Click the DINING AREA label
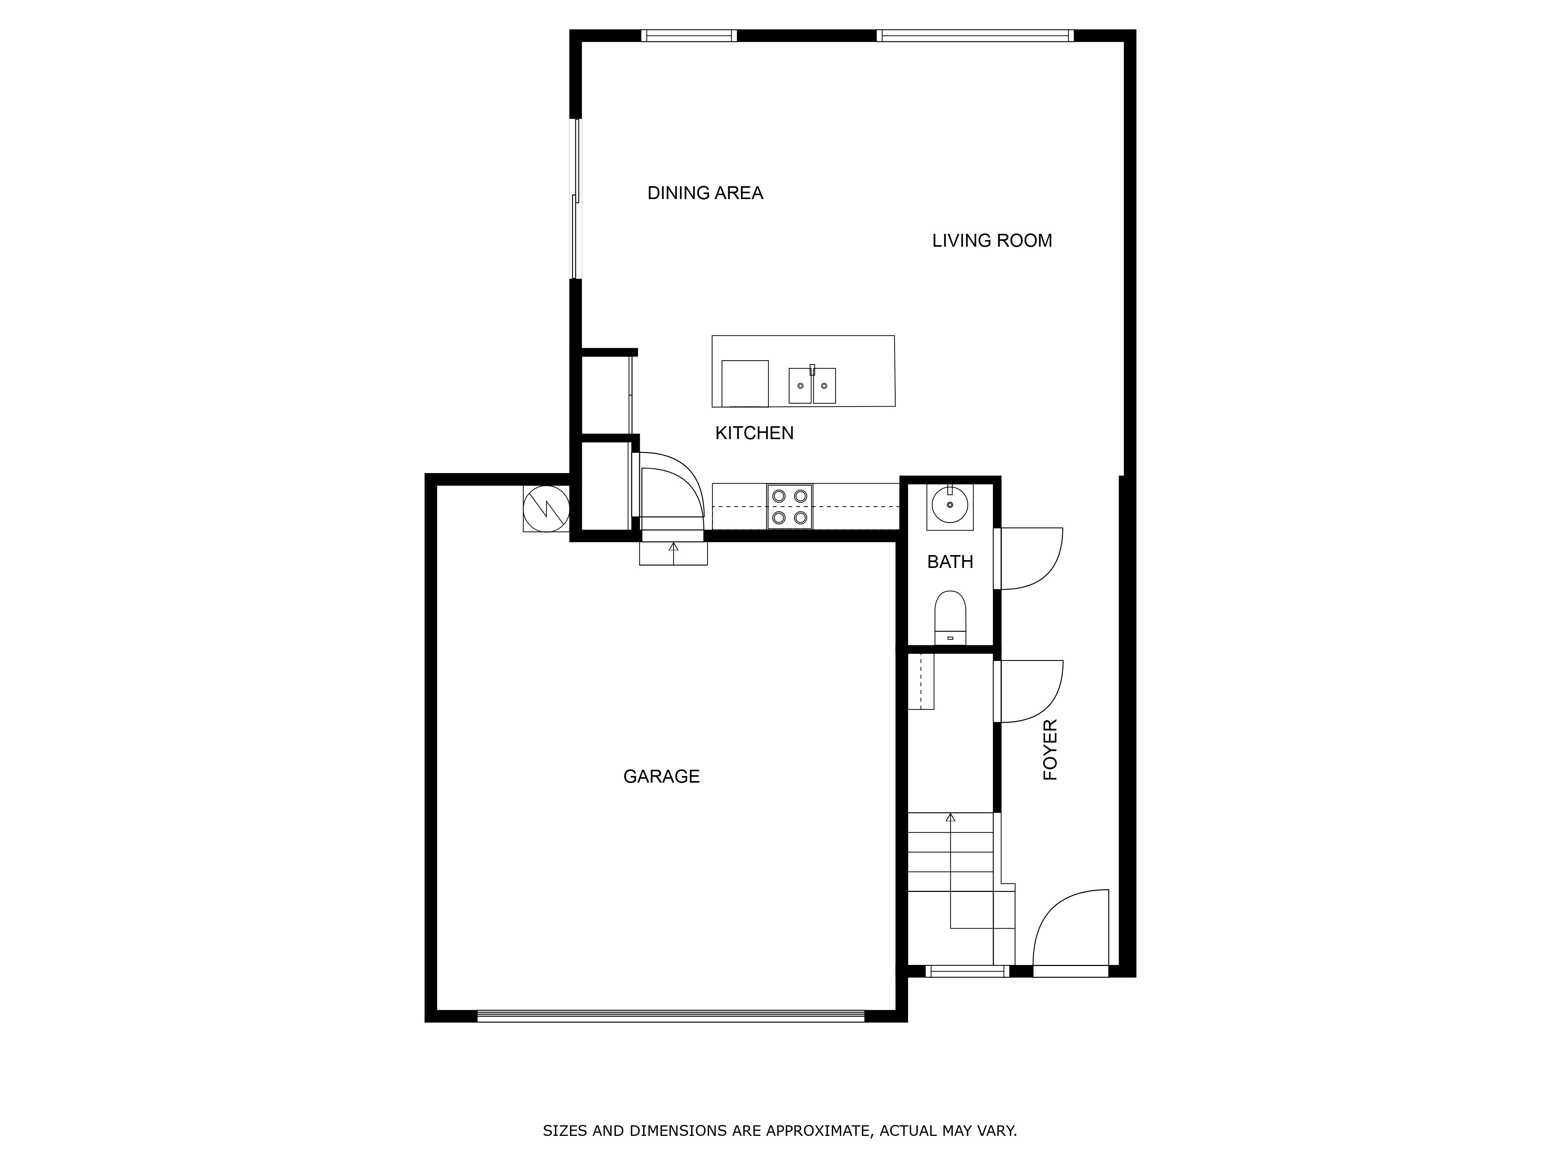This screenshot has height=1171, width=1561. click(705, 193)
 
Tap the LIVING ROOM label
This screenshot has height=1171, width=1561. click(992, 241)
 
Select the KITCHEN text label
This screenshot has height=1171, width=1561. click(754, 432)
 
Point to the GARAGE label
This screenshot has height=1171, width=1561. click(661, 776)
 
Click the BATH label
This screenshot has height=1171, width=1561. click(950, 562)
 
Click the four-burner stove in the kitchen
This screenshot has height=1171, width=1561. click(790, 507)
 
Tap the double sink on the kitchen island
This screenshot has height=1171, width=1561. click(812, 385)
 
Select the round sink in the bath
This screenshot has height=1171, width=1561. click(950, 505)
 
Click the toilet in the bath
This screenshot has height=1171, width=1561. click(950, 617)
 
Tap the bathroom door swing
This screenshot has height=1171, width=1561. click(1029, 558)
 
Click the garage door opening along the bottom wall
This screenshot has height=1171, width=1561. click(671, 1016)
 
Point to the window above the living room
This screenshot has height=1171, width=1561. click(975, 35)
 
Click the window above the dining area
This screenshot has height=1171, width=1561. click(689, 35)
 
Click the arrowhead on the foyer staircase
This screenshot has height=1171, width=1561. click(951, 817)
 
